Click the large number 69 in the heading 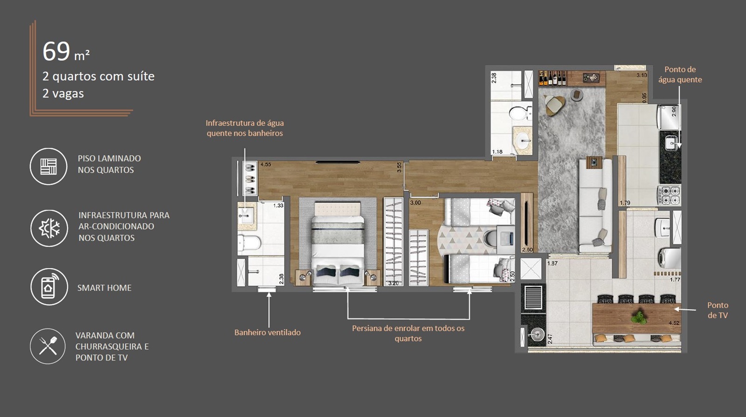pos(56,51)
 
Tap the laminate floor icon pos(48,167)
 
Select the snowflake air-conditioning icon pos(49,229)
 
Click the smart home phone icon pos(49,287)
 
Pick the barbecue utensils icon pos(48,346)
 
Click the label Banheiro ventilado pos(268,333)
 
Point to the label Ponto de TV pos(718,310)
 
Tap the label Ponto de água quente pos(680,74)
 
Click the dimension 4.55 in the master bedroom pos(266,165)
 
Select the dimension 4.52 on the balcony pos(674,323)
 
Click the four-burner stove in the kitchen pos(669,195)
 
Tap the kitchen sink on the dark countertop pos(671,144)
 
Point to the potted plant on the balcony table pos(639,317)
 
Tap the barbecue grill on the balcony pos(533,297)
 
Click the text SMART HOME pos(104,288)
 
